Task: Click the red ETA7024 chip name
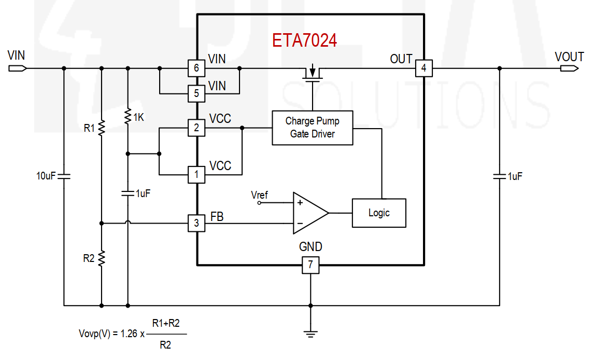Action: coord(304,40)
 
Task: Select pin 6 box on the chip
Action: coord(196,68)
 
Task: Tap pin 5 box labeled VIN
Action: coord(196,93)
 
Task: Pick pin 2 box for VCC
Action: coord(196,128)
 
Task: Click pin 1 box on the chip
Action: coord(196,174)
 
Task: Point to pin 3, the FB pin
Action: coord(196,224)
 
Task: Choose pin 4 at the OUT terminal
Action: coord(423,68)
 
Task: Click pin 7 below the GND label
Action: coord(310,265)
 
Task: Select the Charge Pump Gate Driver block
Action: coord(313,128)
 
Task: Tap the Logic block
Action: coord(379,213)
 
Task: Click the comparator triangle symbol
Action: coord(310,213)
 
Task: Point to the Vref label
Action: coord(259,195)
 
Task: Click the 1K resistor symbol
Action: coord(128,116)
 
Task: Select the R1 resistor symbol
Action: coord(102,128)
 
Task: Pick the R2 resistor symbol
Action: coord(102,258)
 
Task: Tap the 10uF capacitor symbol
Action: coord(64,176)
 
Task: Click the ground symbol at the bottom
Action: coord(310,334)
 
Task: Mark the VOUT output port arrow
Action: coord(570,68)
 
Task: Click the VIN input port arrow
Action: coord(18,68)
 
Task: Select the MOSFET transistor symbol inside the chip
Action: coord(313,73)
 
